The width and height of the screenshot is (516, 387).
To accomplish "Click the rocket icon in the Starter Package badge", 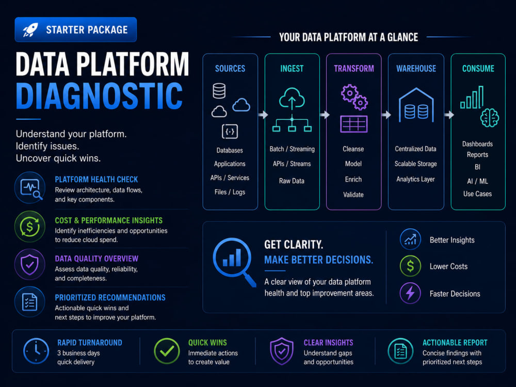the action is click(30, 29).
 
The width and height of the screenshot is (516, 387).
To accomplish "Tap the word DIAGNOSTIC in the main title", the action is click(99, 96).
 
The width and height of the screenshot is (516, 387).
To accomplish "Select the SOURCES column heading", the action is click(230, 69).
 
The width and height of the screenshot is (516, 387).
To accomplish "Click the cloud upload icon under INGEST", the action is click(292, 99).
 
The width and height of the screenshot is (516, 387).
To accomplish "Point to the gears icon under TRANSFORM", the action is click(354, 97).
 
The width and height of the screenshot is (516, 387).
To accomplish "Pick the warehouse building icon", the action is click(416, 105).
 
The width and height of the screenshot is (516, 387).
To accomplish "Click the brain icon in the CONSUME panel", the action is click(489, 118).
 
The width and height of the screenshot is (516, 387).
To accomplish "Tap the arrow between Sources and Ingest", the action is click(263, 115).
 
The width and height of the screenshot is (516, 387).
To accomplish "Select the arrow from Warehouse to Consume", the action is click(449, 115).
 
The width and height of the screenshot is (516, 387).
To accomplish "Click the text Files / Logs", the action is click(230, 192).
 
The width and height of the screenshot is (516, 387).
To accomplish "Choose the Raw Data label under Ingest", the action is click(292, 181).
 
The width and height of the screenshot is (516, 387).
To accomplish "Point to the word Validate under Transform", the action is click(353, 195).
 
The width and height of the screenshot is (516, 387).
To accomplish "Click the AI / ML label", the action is click(477, 181).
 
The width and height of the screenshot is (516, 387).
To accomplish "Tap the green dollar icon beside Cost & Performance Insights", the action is click(30, 227).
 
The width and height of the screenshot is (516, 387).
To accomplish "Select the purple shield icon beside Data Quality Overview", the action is click(30, 265).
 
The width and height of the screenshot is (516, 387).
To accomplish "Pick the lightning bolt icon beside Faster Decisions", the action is click(410, 293).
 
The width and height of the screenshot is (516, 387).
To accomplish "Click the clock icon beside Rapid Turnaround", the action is click(36, 351).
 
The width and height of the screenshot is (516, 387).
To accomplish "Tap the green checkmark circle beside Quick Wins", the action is click(167, 351).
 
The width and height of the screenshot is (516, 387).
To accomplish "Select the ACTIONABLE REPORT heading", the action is click(455, 343).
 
